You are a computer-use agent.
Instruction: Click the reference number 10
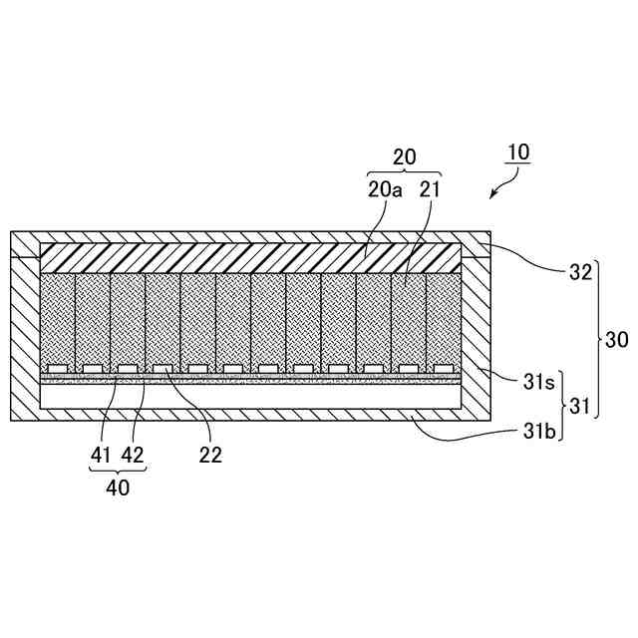pyautogui.click(x=517, y=153)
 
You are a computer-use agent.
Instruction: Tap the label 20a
pyautogui.click(x=385, y=189)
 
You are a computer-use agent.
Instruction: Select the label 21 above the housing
pyautogui.click(x=429, y=189)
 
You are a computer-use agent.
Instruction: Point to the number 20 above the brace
pyautogui.click(x=405, y=157)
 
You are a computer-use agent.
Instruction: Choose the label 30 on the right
pyautogui.click(x=617, y=340)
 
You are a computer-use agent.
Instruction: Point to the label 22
pyautogui.click(x=209, y=455)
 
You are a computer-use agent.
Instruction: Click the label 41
pyautogui.click(x=101, y=455)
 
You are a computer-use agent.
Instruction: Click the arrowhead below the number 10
pyautogui.click(x=492, y=196)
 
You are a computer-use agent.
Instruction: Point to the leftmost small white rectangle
pyautogui.click(x=57, y=368)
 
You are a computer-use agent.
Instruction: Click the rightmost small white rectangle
pyautogui.click(x=443, y=368)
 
